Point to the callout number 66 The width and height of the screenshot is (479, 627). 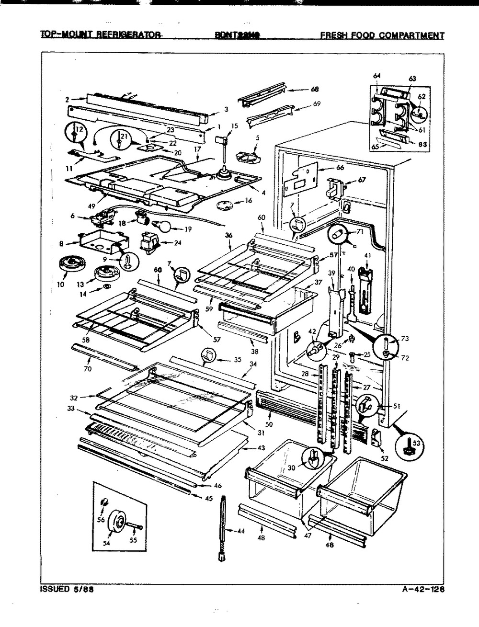(x=327, y=168)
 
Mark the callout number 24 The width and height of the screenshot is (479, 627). (x=178, y=242)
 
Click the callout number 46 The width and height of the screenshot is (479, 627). (x=218, y=486)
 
